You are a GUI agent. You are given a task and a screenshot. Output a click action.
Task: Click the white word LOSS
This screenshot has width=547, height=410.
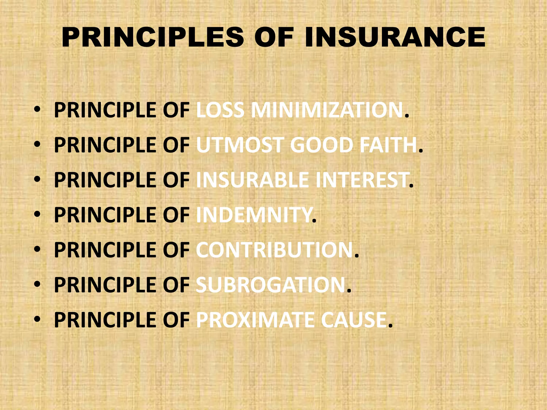click(x=220, y=110)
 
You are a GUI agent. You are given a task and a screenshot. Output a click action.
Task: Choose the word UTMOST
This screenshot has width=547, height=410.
click(x=239, y=145)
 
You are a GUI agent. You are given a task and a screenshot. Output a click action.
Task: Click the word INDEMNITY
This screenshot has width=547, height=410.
click(x=253, y=215)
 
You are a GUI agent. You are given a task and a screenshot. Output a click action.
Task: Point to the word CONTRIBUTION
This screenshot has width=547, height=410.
click(x=275, y=250)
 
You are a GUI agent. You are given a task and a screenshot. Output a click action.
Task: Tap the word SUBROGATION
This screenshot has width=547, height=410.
click(x=271, y=285)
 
